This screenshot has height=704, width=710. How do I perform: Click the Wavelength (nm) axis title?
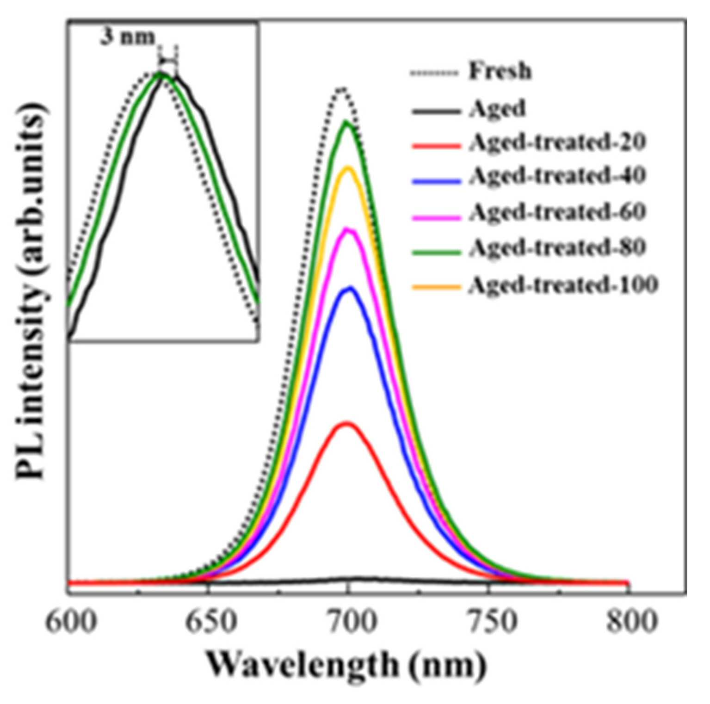click(346, 667)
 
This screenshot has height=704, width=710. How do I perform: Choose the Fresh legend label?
click(500, 71)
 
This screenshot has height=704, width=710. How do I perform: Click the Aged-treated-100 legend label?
click(563, 284)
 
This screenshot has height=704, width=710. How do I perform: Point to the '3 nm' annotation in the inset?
click(128, 37)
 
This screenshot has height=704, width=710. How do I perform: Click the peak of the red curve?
click(346, 423)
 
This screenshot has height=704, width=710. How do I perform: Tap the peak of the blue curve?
click(350, 288)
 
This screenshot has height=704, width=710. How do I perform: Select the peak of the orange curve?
click(348, 168)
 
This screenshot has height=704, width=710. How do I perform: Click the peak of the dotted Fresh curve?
click(342, 88)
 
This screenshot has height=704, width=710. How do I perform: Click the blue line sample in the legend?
click(436, 181)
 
